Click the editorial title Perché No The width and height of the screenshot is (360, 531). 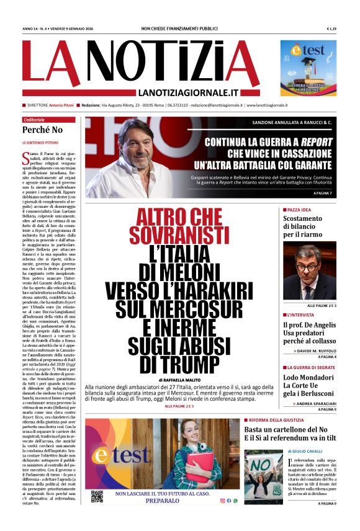(43, 130)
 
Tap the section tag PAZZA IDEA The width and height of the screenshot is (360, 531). (302, 210)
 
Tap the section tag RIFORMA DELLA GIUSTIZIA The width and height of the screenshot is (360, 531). (281, 420)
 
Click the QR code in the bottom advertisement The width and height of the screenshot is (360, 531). (96, 496)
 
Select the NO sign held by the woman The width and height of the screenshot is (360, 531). (261, 465)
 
